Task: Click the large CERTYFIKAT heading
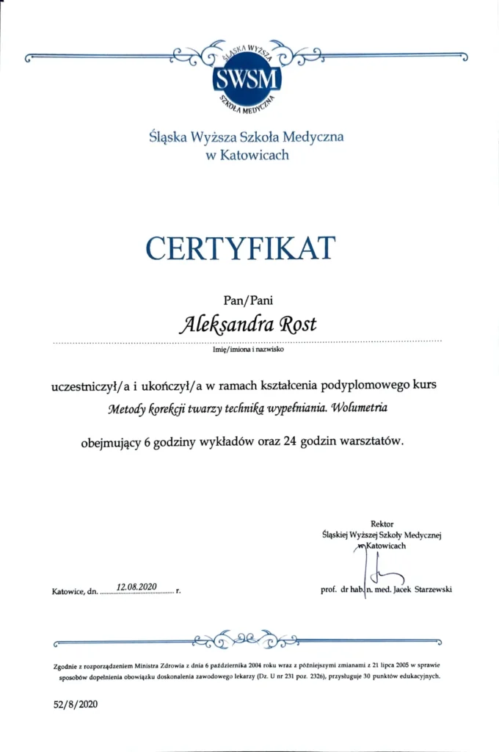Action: click(240, 248)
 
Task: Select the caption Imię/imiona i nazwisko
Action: click(247, 350)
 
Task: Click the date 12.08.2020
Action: click(139, 587)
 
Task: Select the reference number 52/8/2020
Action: click(75, 704)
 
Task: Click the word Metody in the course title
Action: click(128, 410)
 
